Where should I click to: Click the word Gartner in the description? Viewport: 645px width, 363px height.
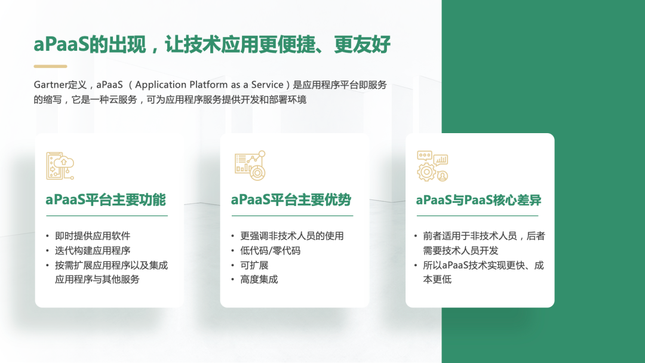coord(50,85)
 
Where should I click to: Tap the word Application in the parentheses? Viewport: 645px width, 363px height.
coord(161,85)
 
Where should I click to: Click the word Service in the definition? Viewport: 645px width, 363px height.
coord(268,85)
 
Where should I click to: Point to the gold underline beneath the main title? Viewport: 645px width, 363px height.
coord(50,66)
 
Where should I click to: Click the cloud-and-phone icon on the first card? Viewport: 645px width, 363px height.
coord(60,165)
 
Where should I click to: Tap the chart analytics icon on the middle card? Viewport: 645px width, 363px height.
coord(250,165)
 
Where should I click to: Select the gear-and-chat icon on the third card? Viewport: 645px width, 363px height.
coord(432,165)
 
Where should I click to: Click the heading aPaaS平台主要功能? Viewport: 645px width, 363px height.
coord(106,200)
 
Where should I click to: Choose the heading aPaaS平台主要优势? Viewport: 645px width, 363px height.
coord(291,200)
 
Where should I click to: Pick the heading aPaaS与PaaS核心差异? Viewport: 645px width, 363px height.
coord(478,200)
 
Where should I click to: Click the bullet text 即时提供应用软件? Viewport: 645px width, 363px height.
coord(93,236)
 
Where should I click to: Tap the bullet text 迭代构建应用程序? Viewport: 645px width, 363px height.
coord(93,250)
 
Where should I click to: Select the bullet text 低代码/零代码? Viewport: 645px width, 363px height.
coord(271,250)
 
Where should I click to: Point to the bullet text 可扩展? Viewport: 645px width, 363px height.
coord(254,265)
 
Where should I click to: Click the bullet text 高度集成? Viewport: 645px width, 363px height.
coord(259,279)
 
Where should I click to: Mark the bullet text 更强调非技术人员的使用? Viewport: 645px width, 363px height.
coord(292,236)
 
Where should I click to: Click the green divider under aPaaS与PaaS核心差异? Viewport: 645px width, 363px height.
coord(477,216)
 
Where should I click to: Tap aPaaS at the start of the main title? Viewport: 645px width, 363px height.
coord(62,44)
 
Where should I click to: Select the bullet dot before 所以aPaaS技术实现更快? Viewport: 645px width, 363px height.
coord(416,266)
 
